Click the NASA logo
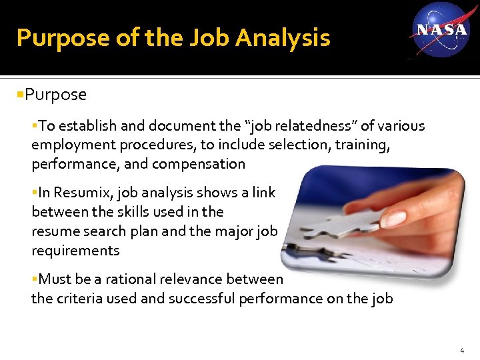(441, 30)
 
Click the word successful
(199, 298)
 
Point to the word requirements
(75, 251)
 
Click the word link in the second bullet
(263, 193)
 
